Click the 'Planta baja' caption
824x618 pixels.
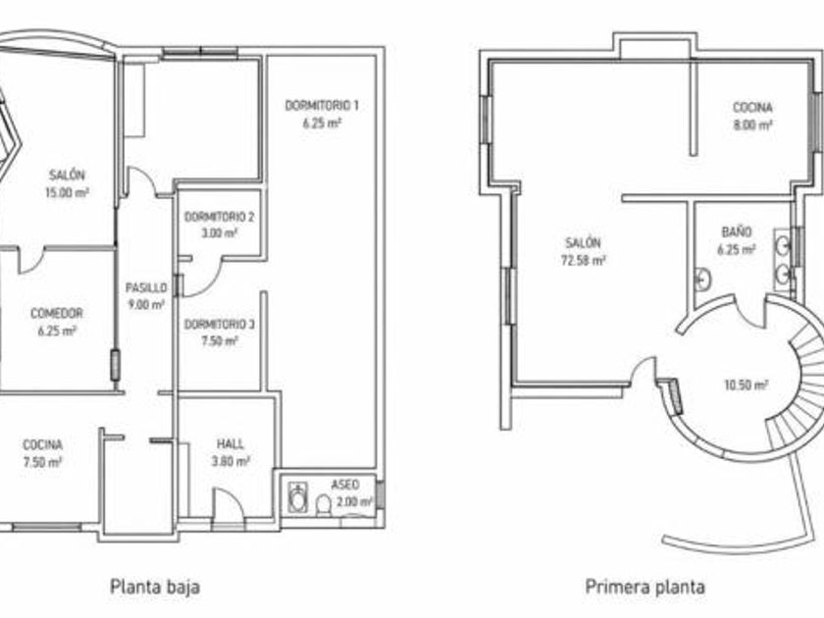(x=155, y=587)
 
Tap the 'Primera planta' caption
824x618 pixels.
(x=644, y=586)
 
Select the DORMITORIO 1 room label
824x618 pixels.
(x=322, y=106)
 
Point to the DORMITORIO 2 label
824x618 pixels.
(x=220, y=217)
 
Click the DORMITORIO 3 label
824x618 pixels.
(x=220, y=325)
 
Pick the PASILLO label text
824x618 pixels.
(x=146, y=287)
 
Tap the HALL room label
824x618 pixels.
(x=231, y=444)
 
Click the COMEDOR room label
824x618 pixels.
(x=57, y=313)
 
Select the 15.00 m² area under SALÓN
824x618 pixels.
(x=67, y=192)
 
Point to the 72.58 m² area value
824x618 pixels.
(x=584, y=260)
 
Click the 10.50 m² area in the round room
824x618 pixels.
(x=747, y=386)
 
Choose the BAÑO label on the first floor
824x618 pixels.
(x=737, y=232)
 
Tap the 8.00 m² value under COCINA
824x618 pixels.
(x=752, y=126)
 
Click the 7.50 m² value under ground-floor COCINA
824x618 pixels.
(x=42, y=462)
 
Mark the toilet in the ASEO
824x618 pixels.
(x=323, y=505)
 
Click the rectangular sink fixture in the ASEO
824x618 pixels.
(x=298, y=497)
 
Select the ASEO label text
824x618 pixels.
(x=345, y=485)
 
